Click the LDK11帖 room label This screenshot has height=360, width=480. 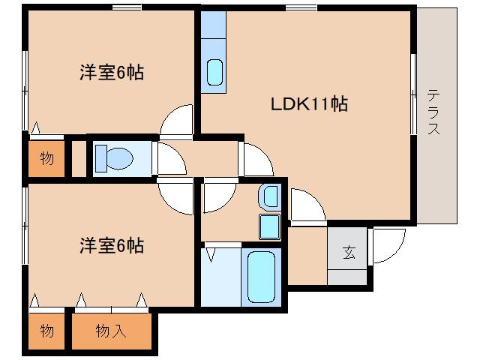tap(308, 104)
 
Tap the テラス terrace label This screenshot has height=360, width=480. tap(433, 112)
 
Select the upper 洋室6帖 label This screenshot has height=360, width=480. tap(112, 73)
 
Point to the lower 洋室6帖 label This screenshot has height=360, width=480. tap(112, 245)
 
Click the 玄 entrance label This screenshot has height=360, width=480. tap(349, 253)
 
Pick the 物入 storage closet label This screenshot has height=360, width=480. tap(111, 331)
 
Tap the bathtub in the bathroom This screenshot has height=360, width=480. tap(260, 275)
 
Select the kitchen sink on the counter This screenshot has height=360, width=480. tap(214, 72)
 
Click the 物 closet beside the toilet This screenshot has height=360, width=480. tap(46, 158)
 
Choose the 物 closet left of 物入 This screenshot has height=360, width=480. tap(46, 331)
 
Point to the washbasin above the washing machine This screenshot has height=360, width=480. tap(268, 198)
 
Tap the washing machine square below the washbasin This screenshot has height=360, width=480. tap(268, 225)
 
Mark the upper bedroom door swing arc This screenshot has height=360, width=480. tap(177, 120)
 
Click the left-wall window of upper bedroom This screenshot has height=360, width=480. tap(25, 90)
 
